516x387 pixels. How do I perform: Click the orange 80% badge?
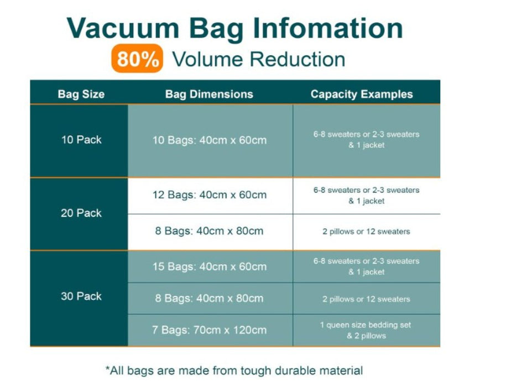(137, 58)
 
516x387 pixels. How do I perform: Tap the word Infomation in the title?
(328, 28)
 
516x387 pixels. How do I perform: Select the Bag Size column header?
(81, 94)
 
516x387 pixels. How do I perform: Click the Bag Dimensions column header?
(209, 94)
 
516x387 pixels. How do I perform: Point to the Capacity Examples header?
(362, 94)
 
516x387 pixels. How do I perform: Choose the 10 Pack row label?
(81, 140)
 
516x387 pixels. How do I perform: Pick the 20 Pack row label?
(81, 213)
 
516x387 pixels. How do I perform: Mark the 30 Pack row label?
(81, 296)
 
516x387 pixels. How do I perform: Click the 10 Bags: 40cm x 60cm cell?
(210, 140)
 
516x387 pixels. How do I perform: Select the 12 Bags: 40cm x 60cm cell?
(210, 195)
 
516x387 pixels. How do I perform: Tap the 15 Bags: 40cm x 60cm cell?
(210, 266)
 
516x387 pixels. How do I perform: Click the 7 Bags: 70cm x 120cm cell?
(209, 330)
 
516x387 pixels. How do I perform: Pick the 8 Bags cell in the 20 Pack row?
(209, 231)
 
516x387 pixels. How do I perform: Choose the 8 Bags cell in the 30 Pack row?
(209, 299)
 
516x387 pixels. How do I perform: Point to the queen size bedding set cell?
(366, 331)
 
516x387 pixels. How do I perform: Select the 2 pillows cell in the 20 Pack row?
(366, 232)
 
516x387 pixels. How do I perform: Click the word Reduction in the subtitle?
(298, 59)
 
